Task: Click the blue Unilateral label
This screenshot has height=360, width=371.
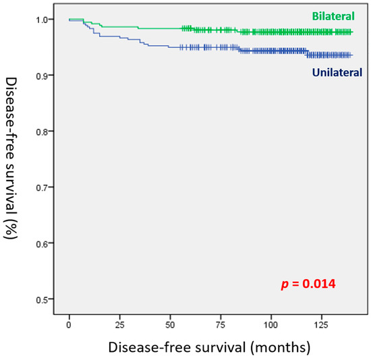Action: (337, 71)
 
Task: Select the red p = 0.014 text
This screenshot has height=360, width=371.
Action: (308, 284)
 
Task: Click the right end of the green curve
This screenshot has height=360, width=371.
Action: (351, 32)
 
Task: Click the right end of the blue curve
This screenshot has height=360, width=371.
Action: (351, 55)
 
